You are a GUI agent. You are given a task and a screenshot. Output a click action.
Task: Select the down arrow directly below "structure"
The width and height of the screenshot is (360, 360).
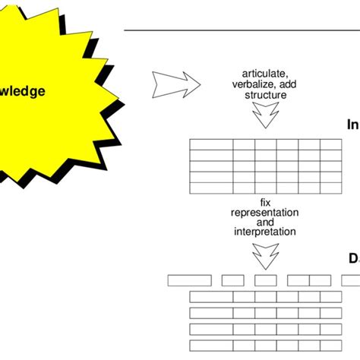pos(265,115)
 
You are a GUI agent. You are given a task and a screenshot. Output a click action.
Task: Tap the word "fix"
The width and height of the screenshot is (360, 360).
pos(265,202)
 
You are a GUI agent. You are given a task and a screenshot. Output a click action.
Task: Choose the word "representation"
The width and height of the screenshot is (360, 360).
pos(265,212)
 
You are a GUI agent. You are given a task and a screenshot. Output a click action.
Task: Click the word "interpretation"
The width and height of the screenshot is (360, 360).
pos(265,232)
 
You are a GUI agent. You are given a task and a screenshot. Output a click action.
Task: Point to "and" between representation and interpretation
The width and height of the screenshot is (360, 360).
pos(265,222)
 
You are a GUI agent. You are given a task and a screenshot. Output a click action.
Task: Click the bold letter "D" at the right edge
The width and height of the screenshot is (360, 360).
pos(353,259)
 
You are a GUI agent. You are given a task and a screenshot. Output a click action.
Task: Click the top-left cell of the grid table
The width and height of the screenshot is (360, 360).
pos(210,144)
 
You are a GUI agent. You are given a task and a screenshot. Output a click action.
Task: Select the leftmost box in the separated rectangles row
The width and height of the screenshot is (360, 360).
pos(189,280)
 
